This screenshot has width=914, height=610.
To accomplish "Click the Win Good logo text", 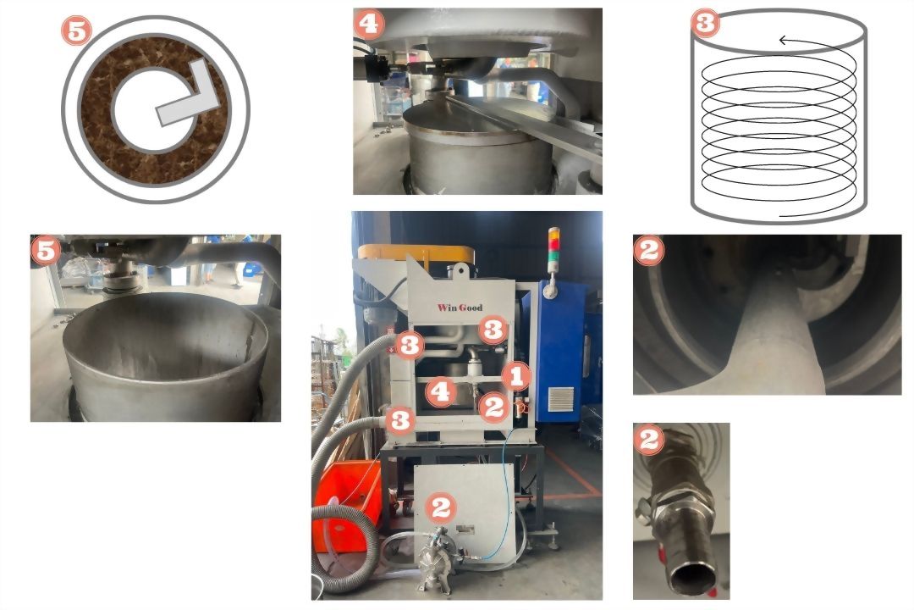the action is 460,308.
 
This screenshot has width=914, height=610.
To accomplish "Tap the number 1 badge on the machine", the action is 516,376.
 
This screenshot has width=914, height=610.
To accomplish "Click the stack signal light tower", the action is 553,250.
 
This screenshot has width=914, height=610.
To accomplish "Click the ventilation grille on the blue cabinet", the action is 561,399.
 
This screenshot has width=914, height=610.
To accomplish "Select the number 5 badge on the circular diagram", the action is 76,30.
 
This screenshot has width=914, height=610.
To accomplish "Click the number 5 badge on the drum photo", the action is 46,251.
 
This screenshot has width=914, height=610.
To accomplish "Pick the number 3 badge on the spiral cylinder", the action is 705,24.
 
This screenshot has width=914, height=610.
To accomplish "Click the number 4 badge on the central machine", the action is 441,391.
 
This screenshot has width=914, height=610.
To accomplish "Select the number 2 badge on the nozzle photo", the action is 649,439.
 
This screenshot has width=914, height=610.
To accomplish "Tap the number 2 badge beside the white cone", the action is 649,251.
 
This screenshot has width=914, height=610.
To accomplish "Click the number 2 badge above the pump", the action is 440,507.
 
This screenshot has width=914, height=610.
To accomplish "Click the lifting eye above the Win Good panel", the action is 460,270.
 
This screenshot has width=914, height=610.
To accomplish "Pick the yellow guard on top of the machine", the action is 415,252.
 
